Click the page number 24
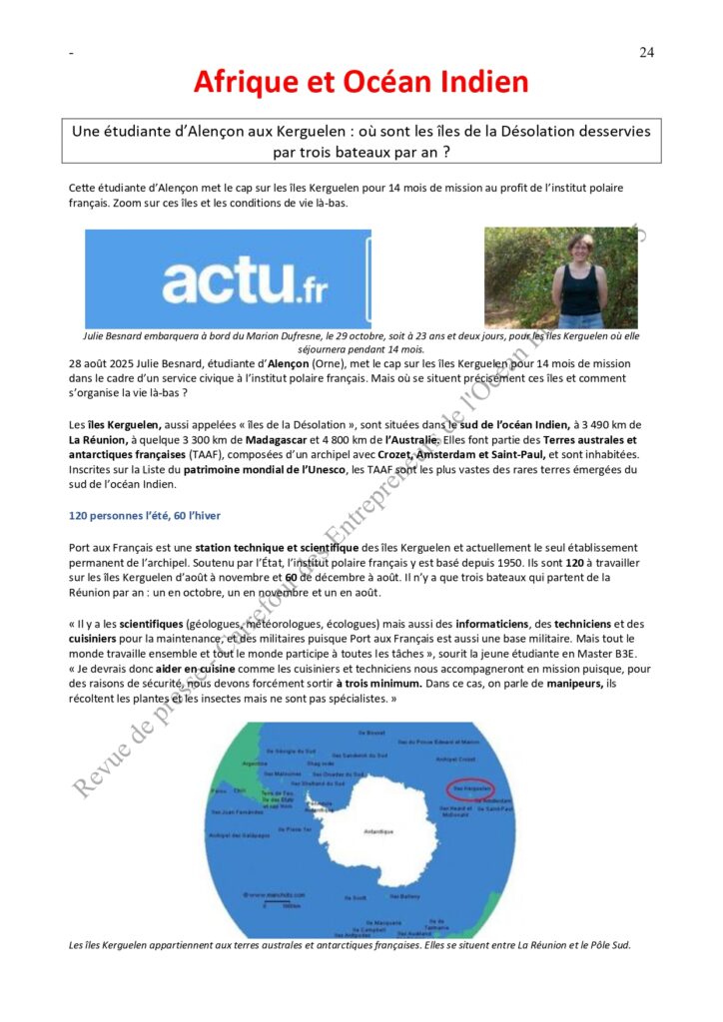click(646, 53)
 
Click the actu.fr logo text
click(245, 281)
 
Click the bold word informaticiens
click(490, 623)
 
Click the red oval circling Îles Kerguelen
click(467, 787)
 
